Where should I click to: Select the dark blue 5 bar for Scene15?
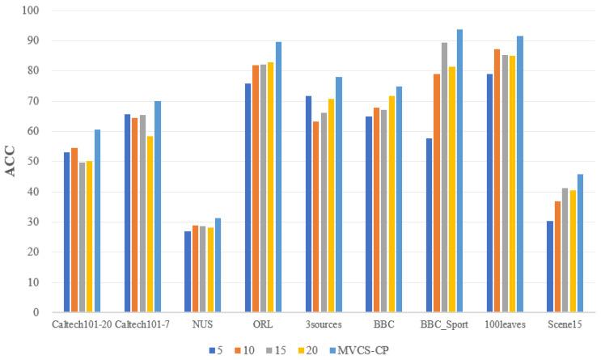point(550,266)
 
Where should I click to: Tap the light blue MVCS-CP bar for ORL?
point(278,177)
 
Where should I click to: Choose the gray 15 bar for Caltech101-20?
point(82,237)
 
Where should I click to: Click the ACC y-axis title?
point(14,163)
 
